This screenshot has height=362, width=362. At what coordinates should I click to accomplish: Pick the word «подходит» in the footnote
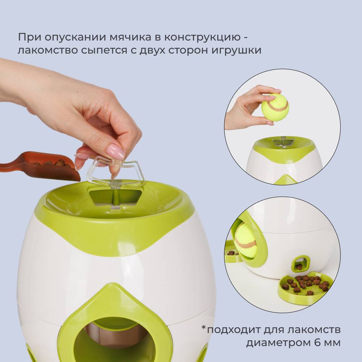[x=234, y=330]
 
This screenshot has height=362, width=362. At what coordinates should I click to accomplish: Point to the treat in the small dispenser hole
[x=299, y=267]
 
